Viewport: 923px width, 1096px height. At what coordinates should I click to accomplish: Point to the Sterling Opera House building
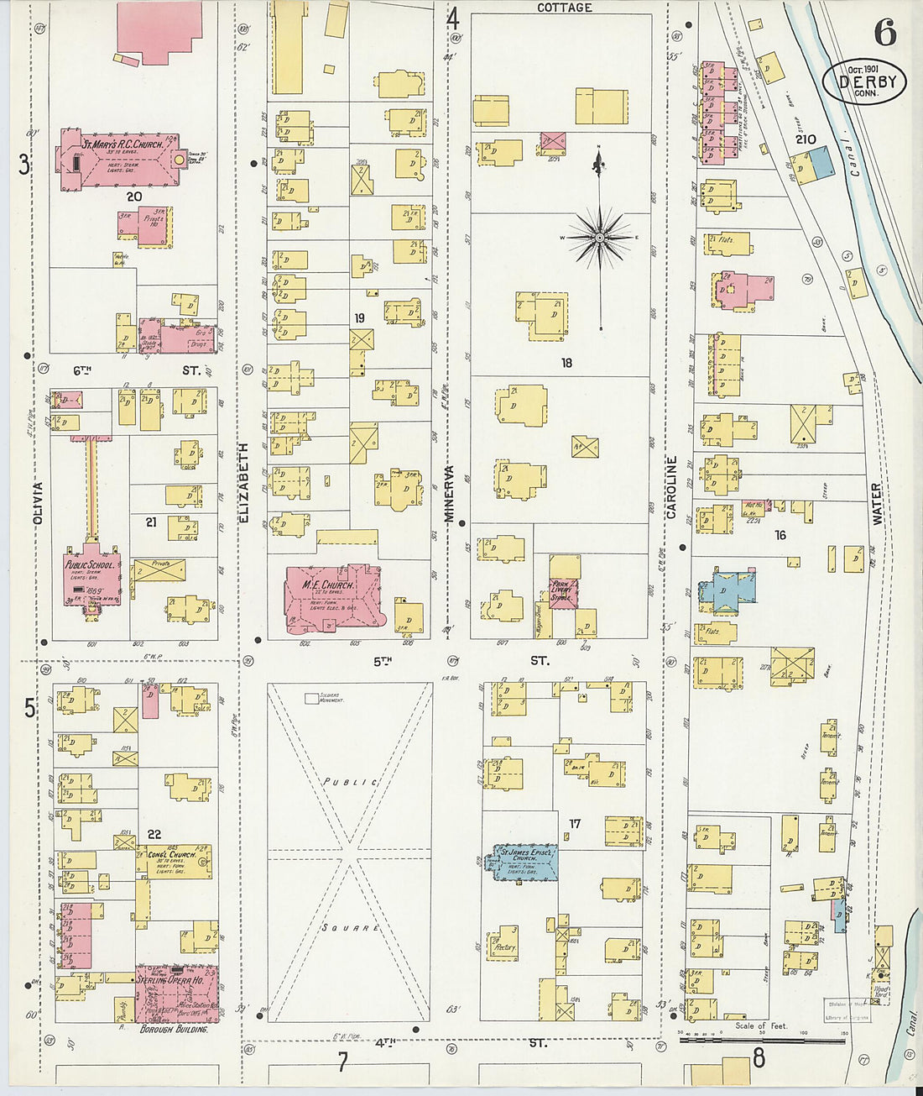coord(177,994)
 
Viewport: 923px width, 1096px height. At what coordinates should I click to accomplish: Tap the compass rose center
coord(600,238)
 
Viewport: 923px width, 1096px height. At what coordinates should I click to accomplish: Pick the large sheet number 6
coord(884,33)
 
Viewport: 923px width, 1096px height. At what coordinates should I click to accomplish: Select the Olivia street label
coord(37,504)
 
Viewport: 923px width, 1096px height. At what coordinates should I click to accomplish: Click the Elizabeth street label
coord(244,483)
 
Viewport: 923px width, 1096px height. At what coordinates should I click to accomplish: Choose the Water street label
coord(877,504)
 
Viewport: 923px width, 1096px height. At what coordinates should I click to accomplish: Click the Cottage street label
coord(564,8)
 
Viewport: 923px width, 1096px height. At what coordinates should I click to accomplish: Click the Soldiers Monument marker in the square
coord(311,697)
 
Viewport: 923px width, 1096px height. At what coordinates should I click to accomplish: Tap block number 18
coord(567,363)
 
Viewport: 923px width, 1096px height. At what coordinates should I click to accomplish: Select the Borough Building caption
coord(174,1029)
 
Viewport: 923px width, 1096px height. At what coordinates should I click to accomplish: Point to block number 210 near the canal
coord(806,139)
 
